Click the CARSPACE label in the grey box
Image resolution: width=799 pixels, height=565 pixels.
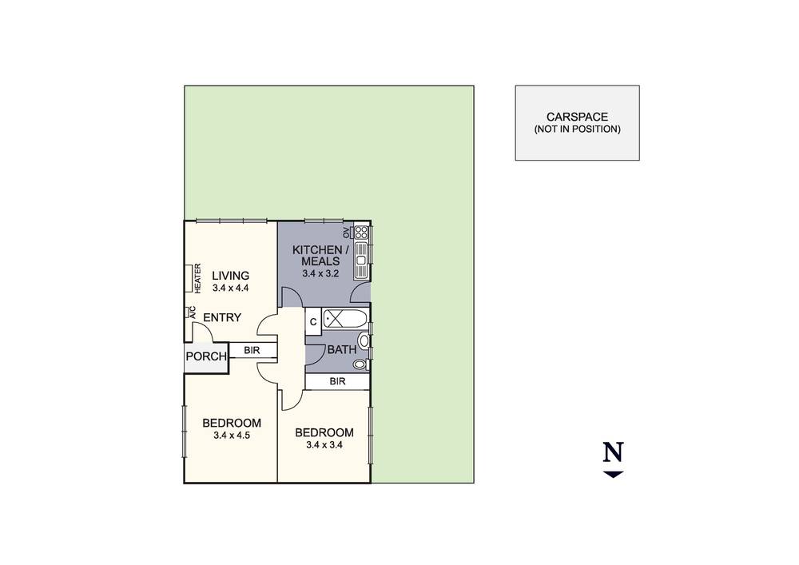click(577, 117)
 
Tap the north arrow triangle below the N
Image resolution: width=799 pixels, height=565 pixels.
click(613, 475)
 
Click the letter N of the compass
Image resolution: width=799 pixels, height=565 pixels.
click(613, 453)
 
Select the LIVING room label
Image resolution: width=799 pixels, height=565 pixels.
click(231, 276)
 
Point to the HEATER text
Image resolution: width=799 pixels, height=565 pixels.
click(197, 278)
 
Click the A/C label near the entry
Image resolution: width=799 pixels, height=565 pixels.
click(189, 312)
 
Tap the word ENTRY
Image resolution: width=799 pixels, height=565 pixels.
click(222, 318)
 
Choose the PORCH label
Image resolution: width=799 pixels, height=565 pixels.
click(206, 356)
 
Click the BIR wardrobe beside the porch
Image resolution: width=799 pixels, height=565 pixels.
click(252, 350)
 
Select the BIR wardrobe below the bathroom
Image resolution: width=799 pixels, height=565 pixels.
click(337, 382)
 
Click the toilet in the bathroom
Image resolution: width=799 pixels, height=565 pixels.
click(361, 365)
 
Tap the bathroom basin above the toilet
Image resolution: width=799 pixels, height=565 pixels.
click(364, 340)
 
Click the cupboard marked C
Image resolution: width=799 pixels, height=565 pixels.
click(313, 321)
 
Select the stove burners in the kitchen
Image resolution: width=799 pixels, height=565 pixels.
click(361, 233)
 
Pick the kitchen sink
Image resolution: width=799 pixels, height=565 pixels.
click(361, 257)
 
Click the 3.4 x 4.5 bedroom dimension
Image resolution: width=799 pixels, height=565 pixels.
click(232, 436)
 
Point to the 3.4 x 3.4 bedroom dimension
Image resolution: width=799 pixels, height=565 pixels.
click(324, 445)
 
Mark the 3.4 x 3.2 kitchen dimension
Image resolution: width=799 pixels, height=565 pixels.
click(320, 273)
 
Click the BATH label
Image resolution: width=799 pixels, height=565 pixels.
click(342, 350)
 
